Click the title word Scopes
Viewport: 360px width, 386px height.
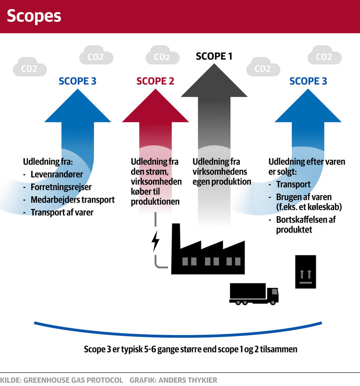pyautogui.click(x=34, y=16)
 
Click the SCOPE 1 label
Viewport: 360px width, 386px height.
pyautogui.click(x=214, y=56)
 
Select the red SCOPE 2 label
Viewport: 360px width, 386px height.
pyautogui.click(x=155, y=81)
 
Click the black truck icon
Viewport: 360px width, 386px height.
pyautogui.click(x=254, y=293)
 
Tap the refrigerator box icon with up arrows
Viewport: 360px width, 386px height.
pyautogui.click(x=306, y=271)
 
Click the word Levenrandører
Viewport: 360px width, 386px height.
pyautogui.click(x=57, y=175)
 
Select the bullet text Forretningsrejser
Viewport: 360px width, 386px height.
pyautogui.click(x=61, y=187)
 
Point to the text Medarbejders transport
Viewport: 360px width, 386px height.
pyautogui.click(x=73, y=200)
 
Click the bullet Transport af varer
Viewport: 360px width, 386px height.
pyautogui.click(x=62, y=213)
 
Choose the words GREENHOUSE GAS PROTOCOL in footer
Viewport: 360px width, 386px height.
pyautogui.click(x=73, y=380)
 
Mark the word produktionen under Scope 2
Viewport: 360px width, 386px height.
pyautogui.click(x=155, y=202)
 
